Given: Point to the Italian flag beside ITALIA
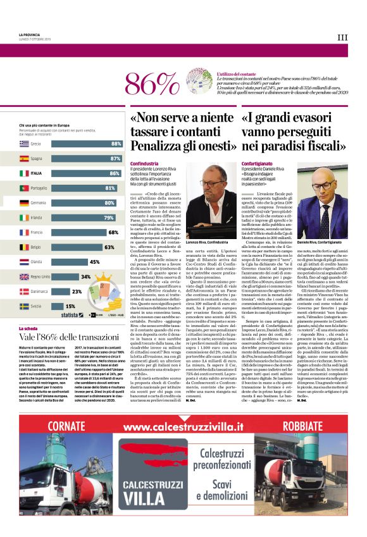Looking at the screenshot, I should click(24, 173).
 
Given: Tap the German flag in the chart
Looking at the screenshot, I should click(24, 203).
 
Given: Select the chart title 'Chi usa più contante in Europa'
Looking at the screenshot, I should click(44, 126).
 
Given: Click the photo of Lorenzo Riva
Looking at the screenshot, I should click(211, 199).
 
